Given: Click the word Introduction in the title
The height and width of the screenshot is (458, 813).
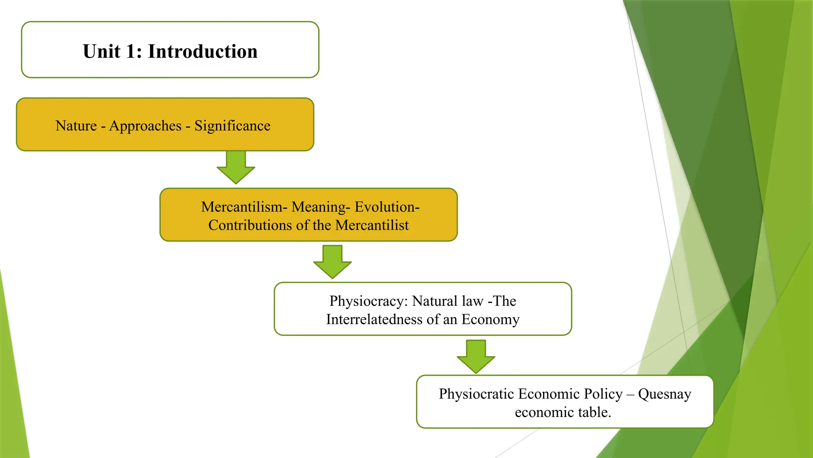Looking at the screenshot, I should [203, 52].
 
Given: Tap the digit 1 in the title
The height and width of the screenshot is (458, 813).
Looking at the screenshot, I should [131, 52].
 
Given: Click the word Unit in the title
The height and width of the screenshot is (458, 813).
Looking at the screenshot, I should [102, 52].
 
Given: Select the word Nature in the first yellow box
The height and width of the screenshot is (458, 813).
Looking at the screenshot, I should [76, 126].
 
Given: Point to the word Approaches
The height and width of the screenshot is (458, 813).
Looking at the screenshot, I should [145, 126].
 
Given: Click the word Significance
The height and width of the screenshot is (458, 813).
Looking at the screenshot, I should [232, 126].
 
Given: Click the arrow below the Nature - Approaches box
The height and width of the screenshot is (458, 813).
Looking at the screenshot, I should [236, 167].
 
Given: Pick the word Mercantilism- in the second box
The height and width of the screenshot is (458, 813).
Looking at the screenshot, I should [244, 207].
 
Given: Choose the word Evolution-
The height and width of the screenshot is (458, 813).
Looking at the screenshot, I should [387, 207].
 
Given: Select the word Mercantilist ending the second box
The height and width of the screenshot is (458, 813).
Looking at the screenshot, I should [372, 225].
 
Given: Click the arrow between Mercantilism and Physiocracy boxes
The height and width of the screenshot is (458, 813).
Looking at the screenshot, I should [332, 262].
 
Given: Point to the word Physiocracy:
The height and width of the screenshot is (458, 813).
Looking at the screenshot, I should [369, 301].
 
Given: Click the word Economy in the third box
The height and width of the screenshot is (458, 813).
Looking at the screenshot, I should [490, 319].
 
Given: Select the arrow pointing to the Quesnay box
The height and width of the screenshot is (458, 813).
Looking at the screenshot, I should [476, 357].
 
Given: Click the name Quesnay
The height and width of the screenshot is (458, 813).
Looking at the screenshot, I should [665, 394].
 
